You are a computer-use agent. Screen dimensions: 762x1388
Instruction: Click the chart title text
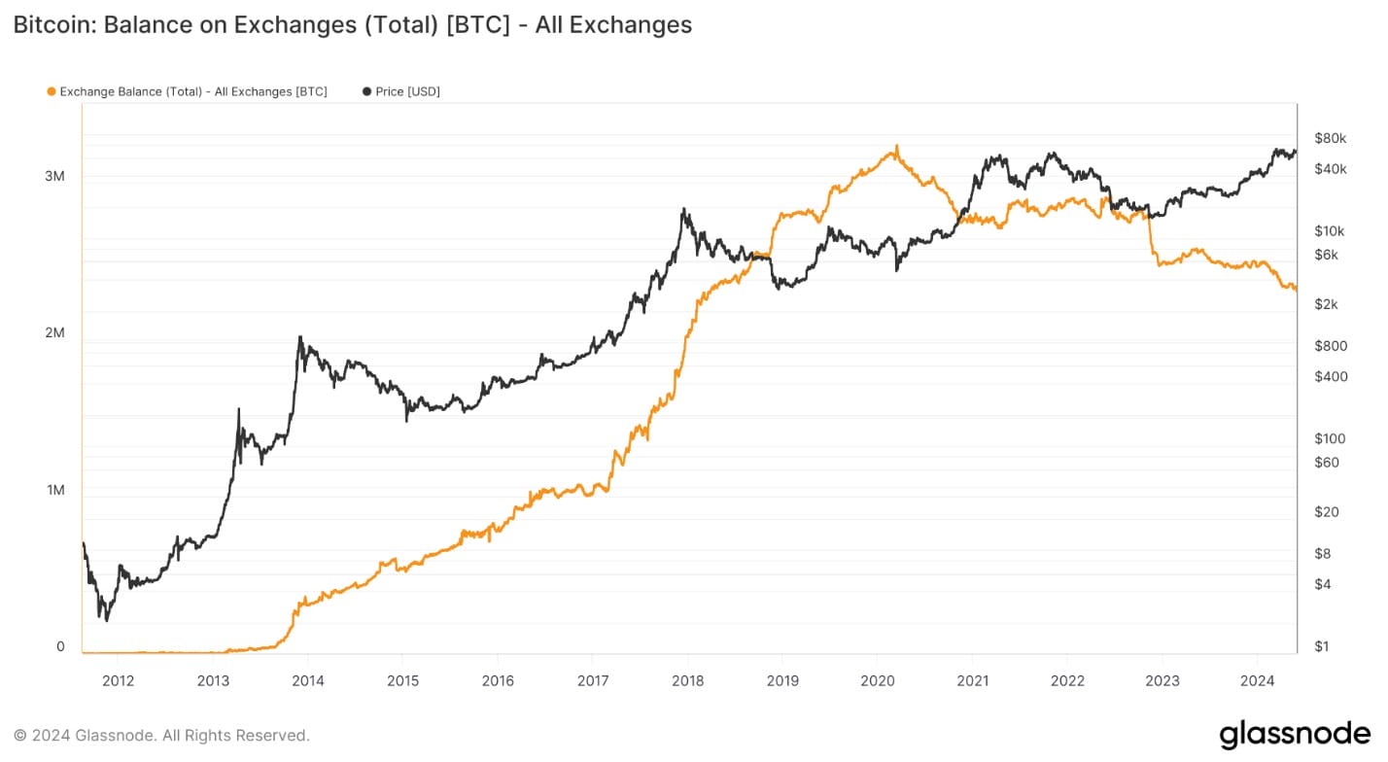[x=352, y=24]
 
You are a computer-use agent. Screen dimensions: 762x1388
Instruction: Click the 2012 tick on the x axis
[x=118, y=679]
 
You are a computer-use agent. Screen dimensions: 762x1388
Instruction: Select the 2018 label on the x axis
[x=687, y=679]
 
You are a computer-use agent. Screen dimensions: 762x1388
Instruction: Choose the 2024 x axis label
[x=1257, y=679]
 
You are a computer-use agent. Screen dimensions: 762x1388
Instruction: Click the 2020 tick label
[x=877, y=679]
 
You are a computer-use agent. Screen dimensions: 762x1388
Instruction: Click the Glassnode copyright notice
[x=161, y=735]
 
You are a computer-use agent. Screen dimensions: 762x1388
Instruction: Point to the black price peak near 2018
[x=684, y=209]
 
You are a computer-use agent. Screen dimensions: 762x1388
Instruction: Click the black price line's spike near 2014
[x=299, y=337]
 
